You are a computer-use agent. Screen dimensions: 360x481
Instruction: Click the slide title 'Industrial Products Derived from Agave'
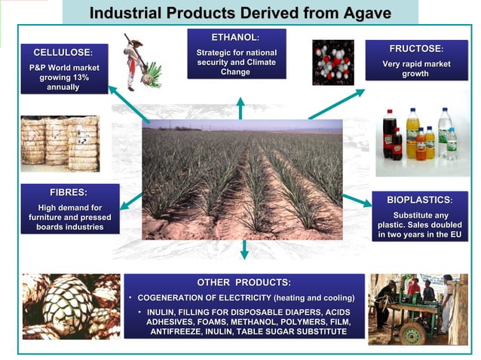coord(240,13)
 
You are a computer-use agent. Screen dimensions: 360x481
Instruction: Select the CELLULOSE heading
coord(63,53)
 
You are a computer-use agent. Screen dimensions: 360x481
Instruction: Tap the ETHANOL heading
coord(235,37)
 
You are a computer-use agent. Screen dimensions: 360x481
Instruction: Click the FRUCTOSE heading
coord(415,48)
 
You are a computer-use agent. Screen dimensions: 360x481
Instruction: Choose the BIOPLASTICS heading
coord(419,200)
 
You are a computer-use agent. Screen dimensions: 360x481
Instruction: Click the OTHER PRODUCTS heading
coord(244,282)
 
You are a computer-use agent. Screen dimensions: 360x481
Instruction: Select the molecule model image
coord(332,62)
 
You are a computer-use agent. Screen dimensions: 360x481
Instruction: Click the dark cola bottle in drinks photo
coord(390,135)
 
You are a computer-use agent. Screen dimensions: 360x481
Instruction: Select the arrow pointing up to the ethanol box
coord(240,108)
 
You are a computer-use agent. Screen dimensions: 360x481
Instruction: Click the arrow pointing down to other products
coord(244,249)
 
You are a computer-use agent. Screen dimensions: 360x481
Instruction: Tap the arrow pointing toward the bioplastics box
coord(357,200)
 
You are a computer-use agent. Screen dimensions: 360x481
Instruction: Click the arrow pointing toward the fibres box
coord(131,200)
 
